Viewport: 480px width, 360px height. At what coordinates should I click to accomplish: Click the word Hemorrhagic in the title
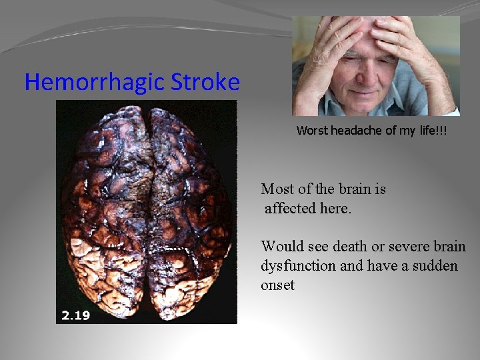coord(94,83)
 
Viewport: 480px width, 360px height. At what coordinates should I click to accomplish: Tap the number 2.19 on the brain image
coord(75,315)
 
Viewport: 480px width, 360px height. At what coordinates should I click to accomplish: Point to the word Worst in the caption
coord(311,131)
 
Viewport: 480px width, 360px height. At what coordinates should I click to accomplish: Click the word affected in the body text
coord(291,209)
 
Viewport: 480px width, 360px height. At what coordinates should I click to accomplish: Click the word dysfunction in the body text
coord(299,266)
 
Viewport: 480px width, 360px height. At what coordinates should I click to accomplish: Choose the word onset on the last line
coord(278,285)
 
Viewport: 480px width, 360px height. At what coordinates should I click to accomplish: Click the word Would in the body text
coord(281,247)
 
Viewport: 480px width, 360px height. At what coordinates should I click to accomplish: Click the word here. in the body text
coord(335,209)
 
